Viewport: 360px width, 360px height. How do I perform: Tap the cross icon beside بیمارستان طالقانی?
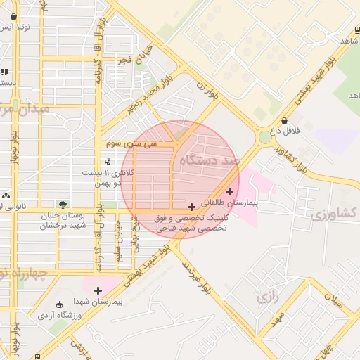[x=230, y=191]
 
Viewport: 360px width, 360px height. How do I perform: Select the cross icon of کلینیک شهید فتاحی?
[x=191, y=207]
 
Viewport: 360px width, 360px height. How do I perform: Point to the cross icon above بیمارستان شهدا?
[x=98, y=290]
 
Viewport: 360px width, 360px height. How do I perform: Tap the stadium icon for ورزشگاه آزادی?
[x=59, y=305]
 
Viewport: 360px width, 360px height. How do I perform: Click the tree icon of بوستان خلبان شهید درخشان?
[x=64, y=205]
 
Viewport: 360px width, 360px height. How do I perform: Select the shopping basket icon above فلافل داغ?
[x=283, y=121]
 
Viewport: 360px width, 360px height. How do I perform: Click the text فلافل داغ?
[x=285, y=131]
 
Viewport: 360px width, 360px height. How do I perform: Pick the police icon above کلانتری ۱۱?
[x=107, y=163]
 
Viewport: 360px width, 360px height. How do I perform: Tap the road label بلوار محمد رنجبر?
[x=143, y=98]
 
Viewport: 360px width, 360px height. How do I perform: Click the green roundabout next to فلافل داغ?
[x=265, y=138]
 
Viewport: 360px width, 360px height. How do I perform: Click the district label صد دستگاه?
[x=210, y=161]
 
